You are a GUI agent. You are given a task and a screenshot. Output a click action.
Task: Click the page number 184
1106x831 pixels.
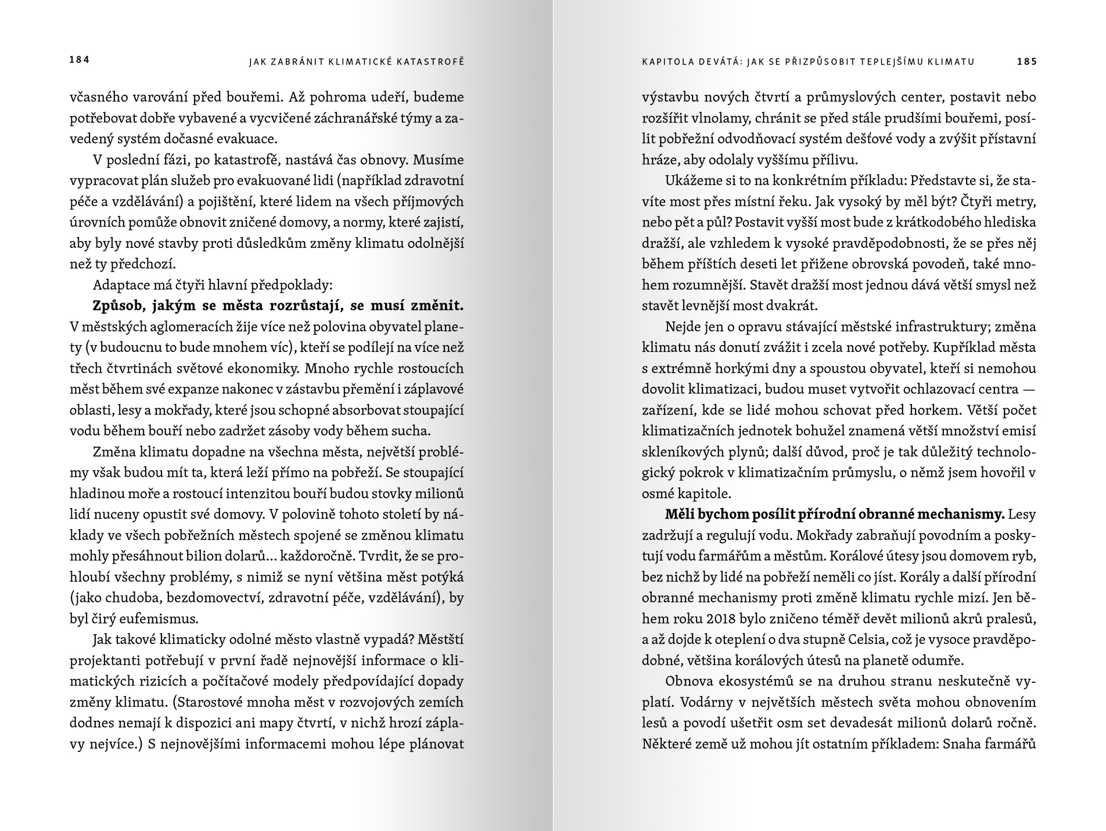[x=80, y=60]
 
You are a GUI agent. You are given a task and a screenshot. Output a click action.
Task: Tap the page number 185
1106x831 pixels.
[x=1026, y=62]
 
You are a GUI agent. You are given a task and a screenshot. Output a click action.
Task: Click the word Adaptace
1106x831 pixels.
[x=119, y=285]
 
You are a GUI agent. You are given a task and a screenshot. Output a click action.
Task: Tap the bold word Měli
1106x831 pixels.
[x=680, y=515]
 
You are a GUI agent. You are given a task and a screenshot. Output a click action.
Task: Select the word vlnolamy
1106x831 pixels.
[x=721, y=118]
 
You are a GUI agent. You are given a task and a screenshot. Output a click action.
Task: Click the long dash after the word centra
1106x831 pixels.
[x=1028, y=390]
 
